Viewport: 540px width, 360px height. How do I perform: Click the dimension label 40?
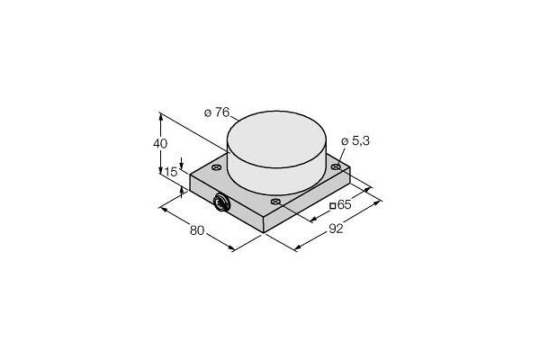(x=160, y=143)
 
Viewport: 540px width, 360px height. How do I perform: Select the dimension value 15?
(x=171, y=172)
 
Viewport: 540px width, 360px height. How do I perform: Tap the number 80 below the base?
(x=197, y=230)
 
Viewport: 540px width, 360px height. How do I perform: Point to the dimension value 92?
(x=336, y=229)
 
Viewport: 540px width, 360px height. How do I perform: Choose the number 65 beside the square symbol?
(x=344, y=204)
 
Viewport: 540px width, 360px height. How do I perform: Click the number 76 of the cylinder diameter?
(x=222, y=112)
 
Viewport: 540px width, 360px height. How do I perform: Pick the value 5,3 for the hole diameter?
(x=360, y=140)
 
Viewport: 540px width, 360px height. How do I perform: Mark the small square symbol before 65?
(x=333, y=206)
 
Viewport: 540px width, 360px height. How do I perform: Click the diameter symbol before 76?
(x=208, y=113)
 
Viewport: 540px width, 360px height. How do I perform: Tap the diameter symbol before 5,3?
(x=345, y=141)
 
